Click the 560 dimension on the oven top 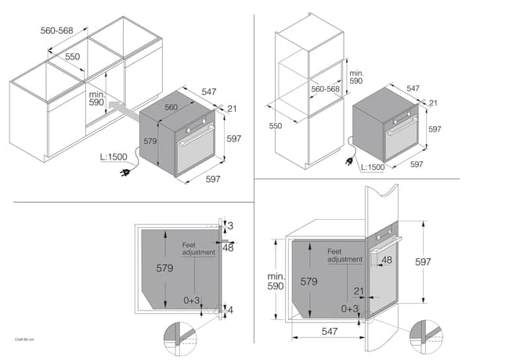[x=171, y=107]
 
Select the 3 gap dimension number [x=229, y=225]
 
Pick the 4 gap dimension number [x=230, y=311]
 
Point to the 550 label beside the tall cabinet [x=276, y=125]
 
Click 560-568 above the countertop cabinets [x=58, y=31]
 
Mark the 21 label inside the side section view [x=359, y=291]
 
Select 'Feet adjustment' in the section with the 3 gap [x=199, y=248]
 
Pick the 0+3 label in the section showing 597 [x=349, y=309]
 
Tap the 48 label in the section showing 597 [x=387, y=260]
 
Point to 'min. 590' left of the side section [x=276, y=282]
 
